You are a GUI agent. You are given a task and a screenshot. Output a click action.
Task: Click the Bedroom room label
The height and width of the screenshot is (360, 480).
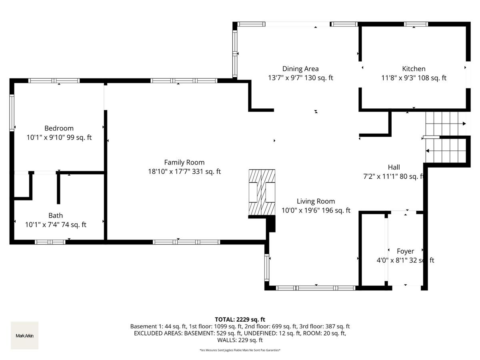pos(59,128)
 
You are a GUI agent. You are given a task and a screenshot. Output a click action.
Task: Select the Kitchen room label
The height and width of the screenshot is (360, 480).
pos(414,69)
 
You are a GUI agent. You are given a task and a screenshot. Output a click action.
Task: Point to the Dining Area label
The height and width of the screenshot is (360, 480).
pos(300,69)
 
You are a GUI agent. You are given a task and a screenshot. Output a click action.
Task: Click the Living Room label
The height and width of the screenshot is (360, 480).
pos(316,201)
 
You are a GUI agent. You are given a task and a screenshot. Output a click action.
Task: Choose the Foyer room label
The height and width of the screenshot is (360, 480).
pos(405,251)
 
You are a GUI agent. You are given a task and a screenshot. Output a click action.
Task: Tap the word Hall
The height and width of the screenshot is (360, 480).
pos(394,167)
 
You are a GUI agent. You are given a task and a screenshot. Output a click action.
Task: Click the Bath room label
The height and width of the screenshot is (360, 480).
pos(56,215)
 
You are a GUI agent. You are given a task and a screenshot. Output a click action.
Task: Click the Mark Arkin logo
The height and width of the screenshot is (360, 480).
pos(24,336)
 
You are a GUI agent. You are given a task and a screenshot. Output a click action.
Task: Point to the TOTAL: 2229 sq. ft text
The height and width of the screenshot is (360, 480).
pos(240,319)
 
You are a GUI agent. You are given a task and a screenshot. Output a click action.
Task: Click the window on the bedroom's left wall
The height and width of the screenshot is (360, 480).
pos(12,113)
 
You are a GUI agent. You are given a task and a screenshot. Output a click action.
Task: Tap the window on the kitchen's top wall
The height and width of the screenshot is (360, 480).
pos(416,24)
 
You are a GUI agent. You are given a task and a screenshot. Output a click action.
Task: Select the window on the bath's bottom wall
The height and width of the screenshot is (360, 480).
pos(50,242)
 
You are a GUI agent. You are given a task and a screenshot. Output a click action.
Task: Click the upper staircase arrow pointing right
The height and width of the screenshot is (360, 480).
pos(464,124)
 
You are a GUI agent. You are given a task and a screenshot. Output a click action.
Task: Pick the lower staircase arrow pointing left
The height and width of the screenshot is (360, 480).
pos(428,151)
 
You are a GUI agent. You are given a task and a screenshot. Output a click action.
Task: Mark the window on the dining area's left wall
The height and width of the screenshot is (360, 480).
pos(235,54)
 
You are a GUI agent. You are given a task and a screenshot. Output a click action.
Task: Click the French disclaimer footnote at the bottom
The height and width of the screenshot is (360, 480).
pos(240,350)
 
